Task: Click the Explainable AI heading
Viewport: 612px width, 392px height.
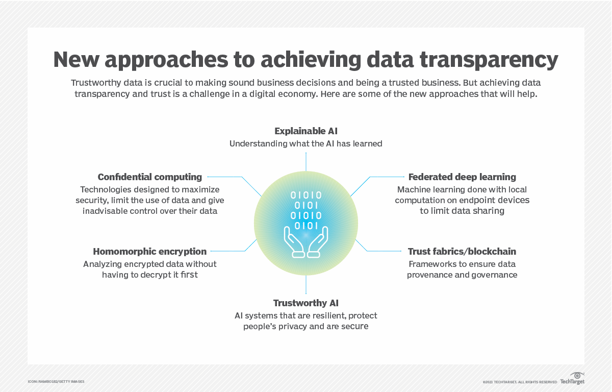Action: tap(305, 131)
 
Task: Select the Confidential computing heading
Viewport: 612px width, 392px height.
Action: tap(150, 177)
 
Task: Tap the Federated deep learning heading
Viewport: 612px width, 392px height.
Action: tap(462, 177)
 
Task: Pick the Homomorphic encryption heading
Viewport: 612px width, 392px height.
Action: tap(150, 252)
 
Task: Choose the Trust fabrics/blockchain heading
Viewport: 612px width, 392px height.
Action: tap(462, 252)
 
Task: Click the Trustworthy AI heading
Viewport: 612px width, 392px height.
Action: tap(305, 303)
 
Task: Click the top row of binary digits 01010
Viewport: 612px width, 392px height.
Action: tap(306, 195)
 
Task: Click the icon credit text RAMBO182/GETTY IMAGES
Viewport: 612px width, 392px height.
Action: tap(56, 382)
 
